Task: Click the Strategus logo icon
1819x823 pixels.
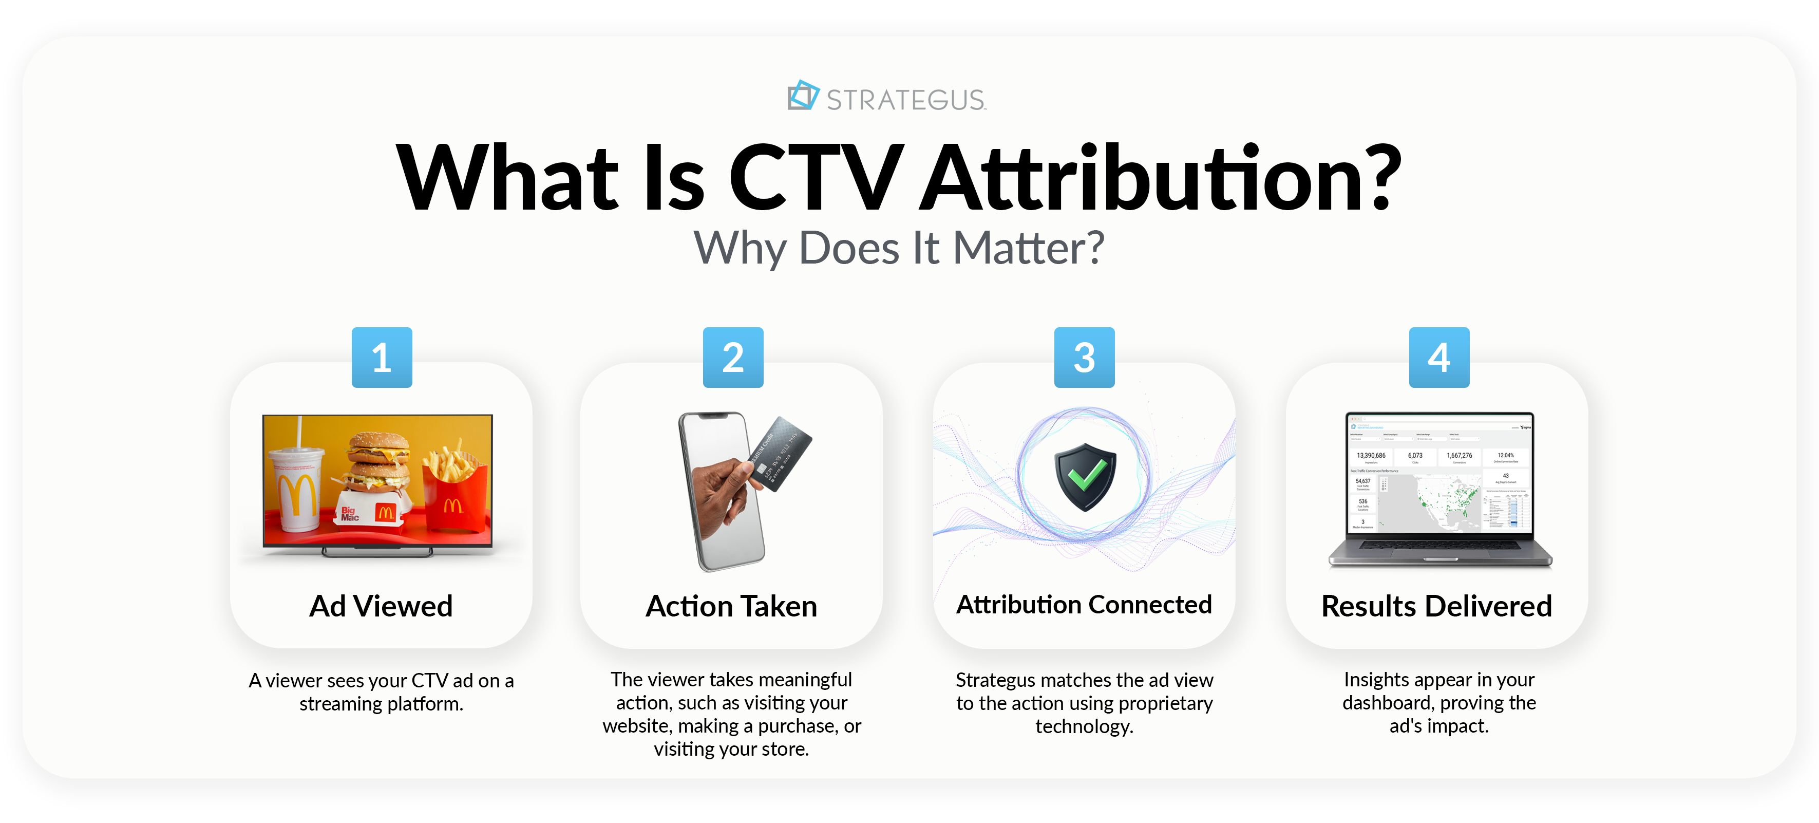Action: point(803,96)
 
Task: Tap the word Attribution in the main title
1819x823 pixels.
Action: point(1160,179)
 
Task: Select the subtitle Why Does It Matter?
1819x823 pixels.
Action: point(898,249)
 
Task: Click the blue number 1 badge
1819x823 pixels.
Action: point(382,358)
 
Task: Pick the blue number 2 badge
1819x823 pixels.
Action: point(733,358)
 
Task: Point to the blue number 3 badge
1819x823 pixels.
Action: point(1084,358)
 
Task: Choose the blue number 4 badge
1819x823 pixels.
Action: point(1439,358)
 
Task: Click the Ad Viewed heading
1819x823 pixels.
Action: point(381,606)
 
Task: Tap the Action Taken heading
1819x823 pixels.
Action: point(731,606)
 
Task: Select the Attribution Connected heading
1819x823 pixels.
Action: point(1084,605)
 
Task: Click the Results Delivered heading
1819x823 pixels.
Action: point(1436,606)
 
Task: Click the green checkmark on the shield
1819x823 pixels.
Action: point(1086,474)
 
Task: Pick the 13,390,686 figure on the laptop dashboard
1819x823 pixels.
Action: point(1371,456)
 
